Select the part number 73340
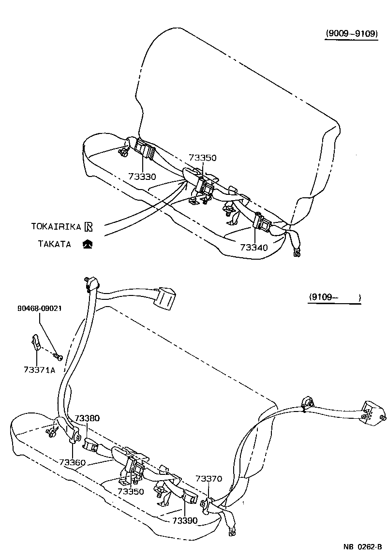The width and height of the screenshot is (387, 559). click(253, 247)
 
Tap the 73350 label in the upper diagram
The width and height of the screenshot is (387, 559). click(202, 158)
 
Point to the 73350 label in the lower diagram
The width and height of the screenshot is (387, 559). click(131, 491)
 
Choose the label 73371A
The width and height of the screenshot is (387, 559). click(39, 369)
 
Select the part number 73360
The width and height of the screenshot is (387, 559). click(73, 462)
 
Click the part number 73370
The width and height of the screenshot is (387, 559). click(208, 479)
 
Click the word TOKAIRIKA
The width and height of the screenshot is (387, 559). click(56, 226)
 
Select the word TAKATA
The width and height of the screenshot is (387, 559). click(54, 244)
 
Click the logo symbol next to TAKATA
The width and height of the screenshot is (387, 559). click(88, 244)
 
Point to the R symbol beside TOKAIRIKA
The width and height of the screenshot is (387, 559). click(88, 226)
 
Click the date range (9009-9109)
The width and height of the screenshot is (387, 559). click(351, 34)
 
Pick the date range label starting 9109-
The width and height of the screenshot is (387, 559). click(334, 297)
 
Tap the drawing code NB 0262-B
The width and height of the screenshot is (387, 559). click(362, 547)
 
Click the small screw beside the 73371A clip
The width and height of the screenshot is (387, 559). click(58, 356)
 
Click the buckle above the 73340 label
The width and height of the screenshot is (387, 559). click(262, 223)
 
